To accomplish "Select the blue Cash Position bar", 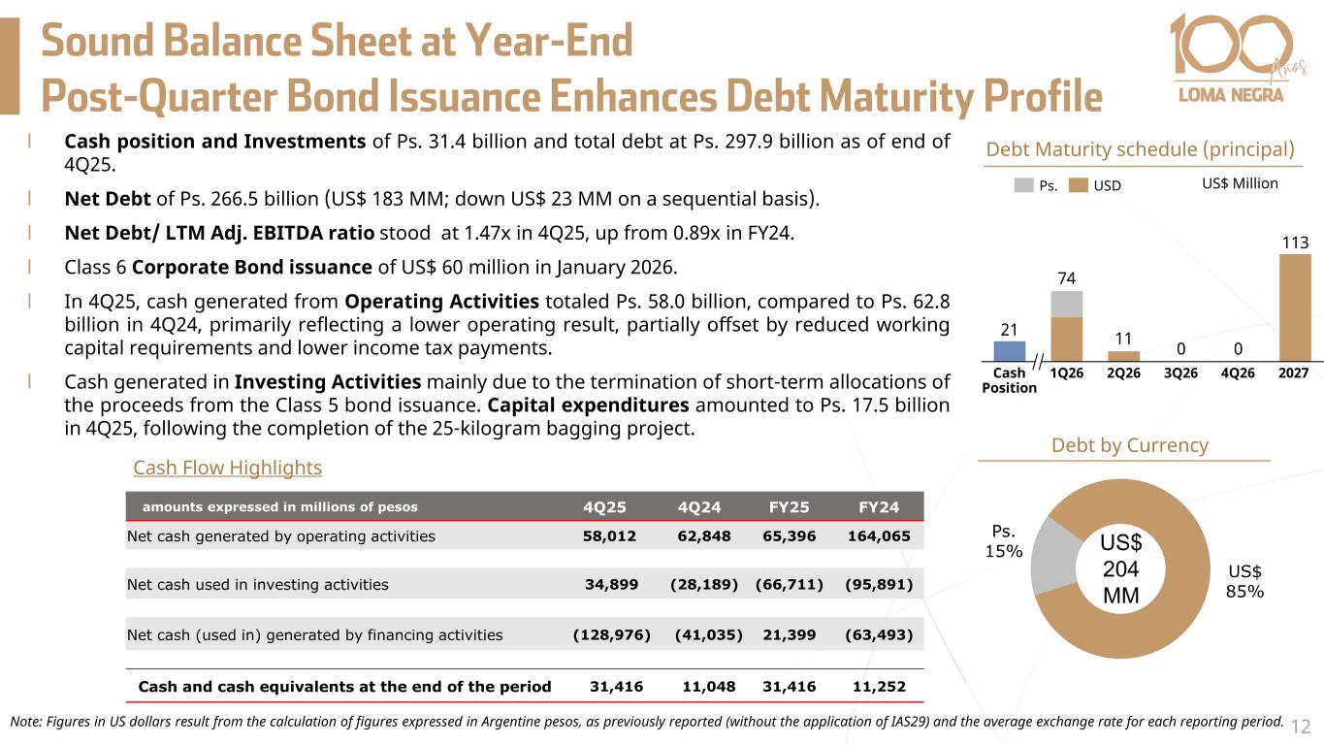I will click(x=1010, y=350).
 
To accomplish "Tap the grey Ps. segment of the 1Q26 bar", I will click(x=1067, y=304).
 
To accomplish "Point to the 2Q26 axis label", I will click(x=1123, y=372).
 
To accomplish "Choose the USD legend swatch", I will click(x=1081, y=184).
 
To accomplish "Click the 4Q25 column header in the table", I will click(x=604, y=506).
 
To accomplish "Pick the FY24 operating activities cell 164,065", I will click(x=878, y=535).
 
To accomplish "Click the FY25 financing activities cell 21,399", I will click(x=791, y=635).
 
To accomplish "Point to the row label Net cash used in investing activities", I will click(x=257, y=585).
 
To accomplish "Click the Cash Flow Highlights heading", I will click(x=227, y=468).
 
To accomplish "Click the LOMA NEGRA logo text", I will click(x=1230, y=95).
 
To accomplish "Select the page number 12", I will click(x=1301, y=726).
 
